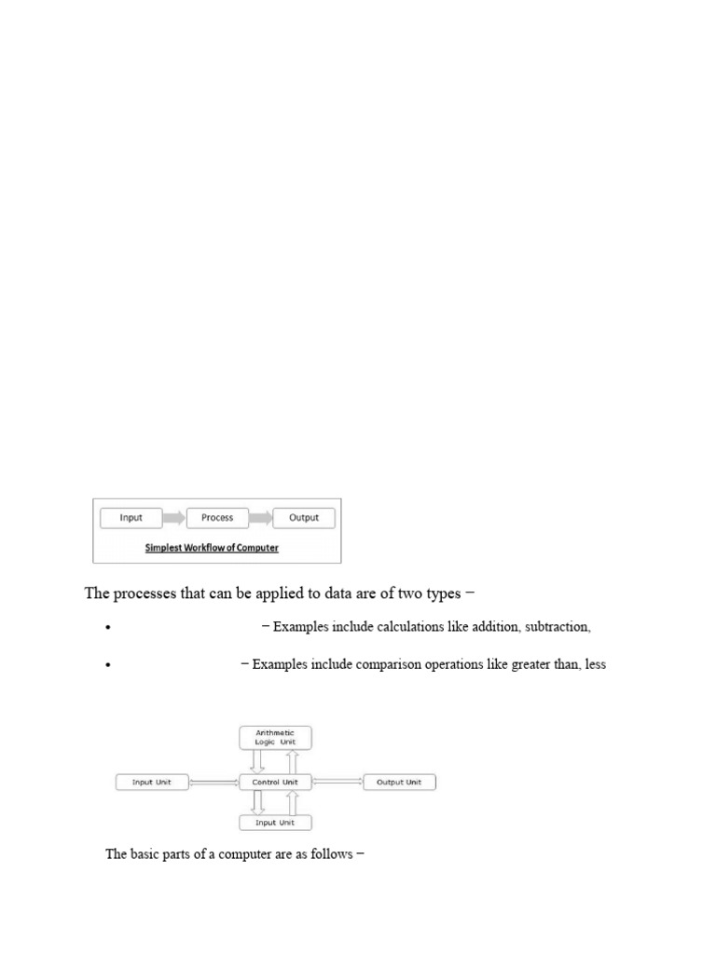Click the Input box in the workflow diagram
point(131,518)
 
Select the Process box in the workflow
point(217,518)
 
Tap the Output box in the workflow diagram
point(304,518)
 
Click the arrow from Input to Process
point(174,518)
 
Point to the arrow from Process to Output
point(261,518)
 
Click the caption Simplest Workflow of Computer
point(212,548)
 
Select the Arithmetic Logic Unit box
point(275,738)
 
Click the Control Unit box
point(275,783)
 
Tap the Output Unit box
point(398,783)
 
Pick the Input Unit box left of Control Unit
point(152,783)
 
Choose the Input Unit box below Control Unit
point(275,823)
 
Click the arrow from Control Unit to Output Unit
point(337,783)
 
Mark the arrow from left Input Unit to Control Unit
point(214,783)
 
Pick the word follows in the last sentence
point(331,853)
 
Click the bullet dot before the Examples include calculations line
point(109,628)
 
